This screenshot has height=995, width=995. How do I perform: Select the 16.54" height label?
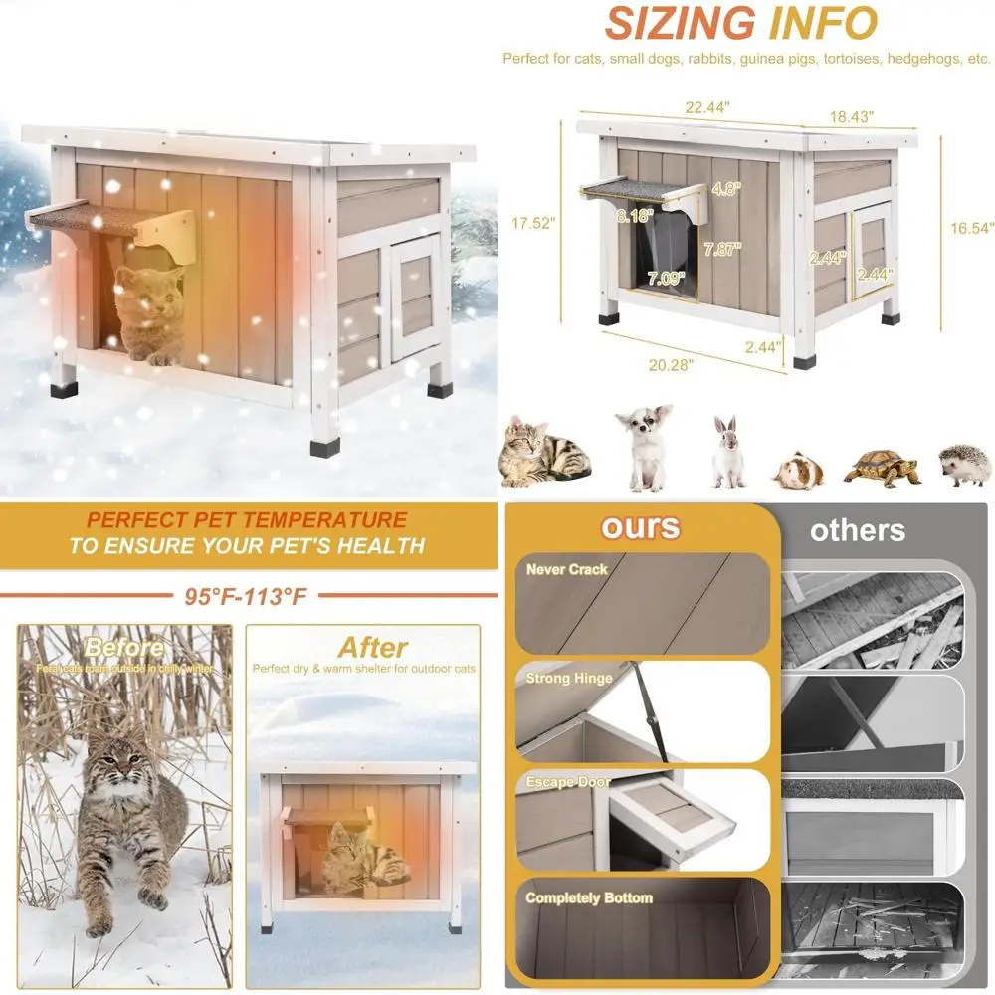(x=971, y=228)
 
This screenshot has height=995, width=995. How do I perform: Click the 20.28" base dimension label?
(x=672, y=364)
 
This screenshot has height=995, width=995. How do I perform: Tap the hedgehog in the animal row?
(x=965, y=465)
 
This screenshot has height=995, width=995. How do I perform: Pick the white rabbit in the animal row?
(x=727, y=453)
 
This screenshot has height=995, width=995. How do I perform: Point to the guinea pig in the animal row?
(x=800, y=469)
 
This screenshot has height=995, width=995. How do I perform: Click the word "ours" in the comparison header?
(x=640, y=526)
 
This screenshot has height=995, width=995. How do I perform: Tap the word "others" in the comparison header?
(x=858, y=530)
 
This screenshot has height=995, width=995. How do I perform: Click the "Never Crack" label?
(x=567, y=570)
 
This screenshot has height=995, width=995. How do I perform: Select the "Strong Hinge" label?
(x=569, y=679)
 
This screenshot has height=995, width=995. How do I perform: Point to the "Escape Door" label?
(x=568, y=783)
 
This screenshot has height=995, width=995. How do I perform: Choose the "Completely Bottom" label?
(x=589, y=898)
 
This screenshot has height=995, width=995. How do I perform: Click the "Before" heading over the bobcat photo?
(x=124, y=649)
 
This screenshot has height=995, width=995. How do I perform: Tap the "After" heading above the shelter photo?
(x=373, y=648)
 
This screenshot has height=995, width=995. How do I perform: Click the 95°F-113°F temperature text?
(x=246, y=598)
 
